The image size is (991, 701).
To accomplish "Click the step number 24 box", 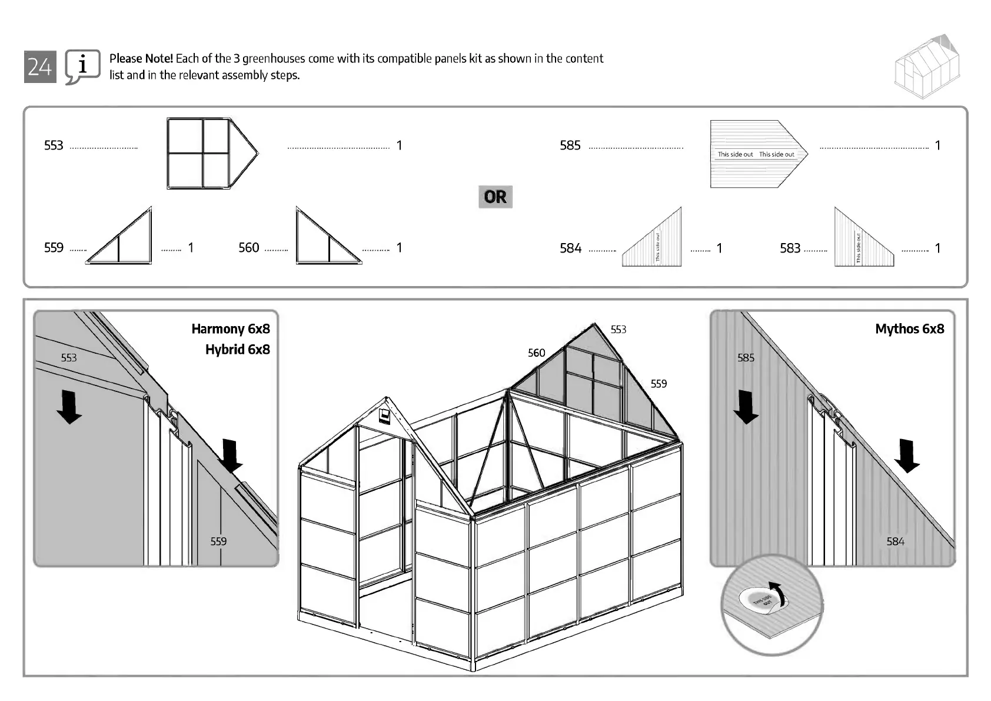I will [40, 67].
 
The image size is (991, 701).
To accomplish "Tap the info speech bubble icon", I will [82, 67].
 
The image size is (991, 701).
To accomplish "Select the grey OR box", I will [495, 197].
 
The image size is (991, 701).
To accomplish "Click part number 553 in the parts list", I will [54, 145].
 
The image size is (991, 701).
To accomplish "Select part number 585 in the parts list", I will [570, 145].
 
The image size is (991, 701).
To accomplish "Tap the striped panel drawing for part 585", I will [758, 154].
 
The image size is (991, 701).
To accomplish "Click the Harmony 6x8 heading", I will [230, 328].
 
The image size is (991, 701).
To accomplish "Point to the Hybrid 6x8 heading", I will [237, 350].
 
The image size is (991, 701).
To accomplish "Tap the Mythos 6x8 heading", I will [909, 328].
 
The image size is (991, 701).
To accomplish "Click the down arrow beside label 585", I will [746, 407].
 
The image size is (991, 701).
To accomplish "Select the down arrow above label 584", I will [907, 456].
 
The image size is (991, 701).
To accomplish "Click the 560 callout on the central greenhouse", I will [536, 353].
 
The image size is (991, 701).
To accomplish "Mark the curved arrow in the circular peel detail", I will [777, 594].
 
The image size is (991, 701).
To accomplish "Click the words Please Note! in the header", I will [141, 58].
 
